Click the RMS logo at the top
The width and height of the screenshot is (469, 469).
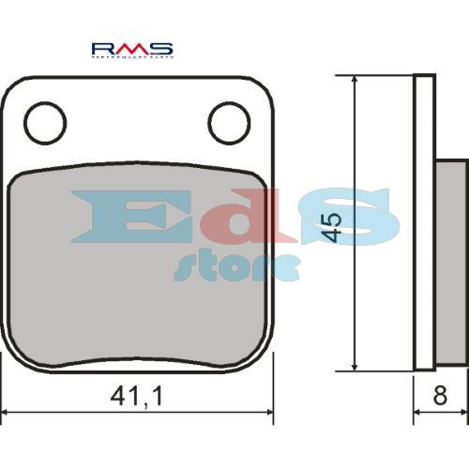(x=131, y=48)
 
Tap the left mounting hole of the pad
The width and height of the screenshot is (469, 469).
(x=45, y=123)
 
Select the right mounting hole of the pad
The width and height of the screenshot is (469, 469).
(x=228, y=123)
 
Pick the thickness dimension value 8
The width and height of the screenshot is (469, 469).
(x=439, y=397)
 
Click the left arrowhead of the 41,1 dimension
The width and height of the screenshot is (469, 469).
(x=8, y=412)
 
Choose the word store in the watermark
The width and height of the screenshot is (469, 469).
(x=236, y=265)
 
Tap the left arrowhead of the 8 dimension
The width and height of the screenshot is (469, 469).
(x=418, y=412)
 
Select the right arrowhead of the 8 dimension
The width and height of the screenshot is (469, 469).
(x=462, y=412)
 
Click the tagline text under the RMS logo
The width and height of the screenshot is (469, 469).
(x=131, y=57)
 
